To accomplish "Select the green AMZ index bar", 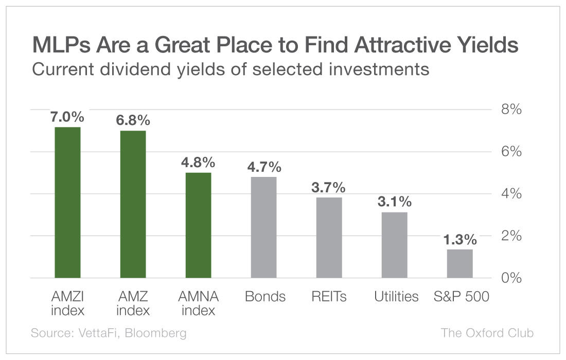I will [133, 204].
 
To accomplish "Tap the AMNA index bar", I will [198, 225].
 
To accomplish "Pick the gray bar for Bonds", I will [263, 227].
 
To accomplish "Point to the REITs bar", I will [329, 238].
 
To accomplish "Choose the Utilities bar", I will [394, 245].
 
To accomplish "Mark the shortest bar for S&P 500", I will [459, 263].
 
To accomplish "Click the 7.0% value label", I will [67, 117].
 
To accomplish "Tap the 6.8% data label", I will [133, 120].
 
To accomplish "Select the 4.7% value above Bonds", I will [263, 167].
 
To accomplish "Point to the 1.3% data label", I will [459, 240].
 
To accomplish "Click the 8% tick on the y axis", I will [511, 110].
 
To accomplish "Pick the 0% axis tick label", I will [511, 278].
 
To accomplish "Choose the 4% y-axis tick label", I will [511, 194].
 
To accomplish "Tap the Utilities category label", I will [396, 297].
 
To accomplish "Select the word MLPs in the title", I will [57, 46].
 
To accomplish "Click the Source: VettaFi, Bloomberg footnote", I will [109, 333].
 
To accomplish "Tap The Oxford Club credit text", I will [487, 333].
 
